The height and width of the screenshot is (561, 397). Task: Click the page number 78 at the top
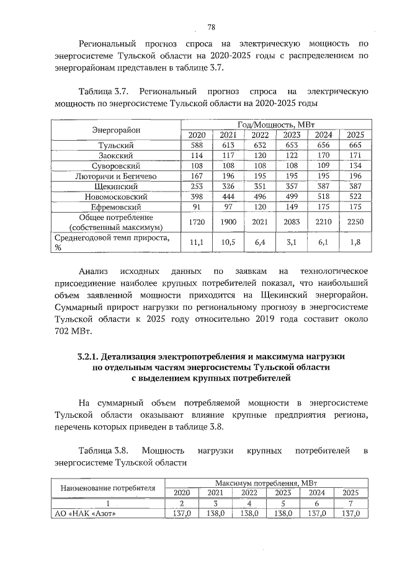pyautogui.click(x=211, y=27)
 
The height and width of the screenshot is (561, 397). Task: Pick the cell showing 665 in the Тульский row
pyautogui.click(x=355, y=146)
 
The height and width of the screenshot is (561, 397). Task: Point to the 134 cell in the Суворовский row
pyautogui.click(x=355, y=166)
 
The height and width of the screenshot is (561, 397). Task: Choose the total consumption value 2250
pyautogui.click(x=355, y=222)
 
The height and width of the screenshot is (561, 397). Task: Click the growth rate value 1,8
pyautogui.click(x=355, y=242)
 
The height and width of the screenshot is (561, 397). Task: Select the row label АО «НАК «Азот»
pyautogui.click(x=84, y=513)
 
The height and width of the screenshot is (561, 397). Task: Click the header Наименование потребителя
pyautogui.click(x=107, y=487)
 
